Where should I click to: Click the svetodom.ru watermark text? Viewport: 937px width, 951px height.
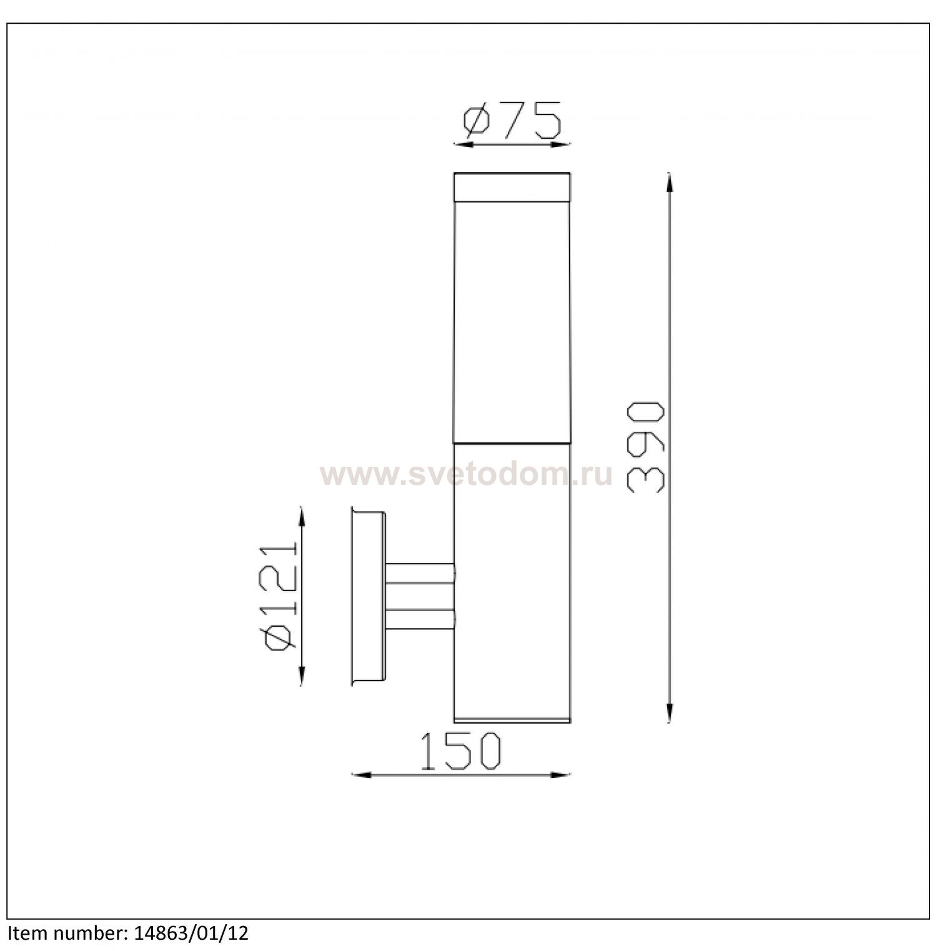(466, 475)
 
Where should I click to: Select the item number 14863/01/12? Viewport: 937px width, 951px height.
(192, 934)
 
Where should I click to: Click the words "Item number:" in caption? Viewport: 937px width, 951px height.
(66, 934)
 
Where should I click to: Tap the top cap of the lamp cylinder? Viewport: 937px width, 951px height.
(512, 187)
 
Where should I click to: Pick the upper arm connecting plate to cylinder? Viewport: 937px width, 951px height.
(420, 573)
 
